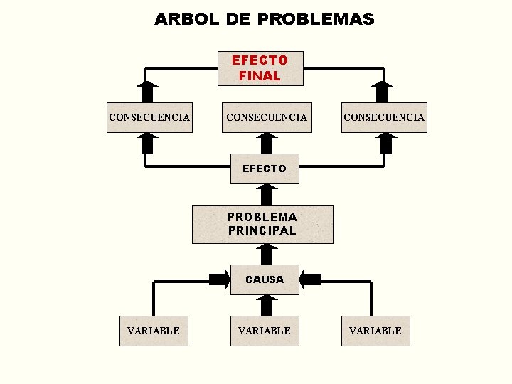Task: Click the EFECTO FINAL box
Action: [260, 68]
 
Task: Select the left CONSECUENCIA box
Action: [149, 117]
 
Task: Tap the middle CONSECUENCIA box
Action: [266, 117]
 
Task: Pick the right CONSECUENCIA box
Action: [384, 117]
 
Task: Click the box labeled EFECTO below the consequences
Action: [265, 169]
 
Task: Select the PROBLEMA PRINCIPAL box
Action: [262, 224]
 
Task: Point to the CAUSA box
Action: [265, 279]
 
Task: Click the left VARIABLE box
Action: [154, 331]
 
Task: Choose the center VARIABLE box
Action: [265, 331]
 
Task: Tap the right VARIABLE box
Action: [375, 331]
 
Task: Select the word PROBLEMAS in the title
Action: [315, 19]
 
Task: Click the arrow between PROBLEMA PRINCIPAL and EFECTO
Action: [266, 194]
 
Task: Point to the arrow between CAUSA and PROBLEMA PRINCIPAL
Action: [266, 254]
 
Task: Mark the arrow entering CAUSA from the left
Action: [219, 279]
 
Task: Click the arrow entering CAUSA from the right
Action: [310, 279]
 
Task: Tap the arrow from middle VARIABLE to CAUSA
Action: [266, 306]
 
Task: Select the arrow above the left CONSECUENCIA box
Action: [147, 92]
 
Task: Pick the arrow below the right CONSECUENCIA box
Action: [386, 143]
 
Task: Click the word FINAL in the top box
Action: [260, 75]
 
